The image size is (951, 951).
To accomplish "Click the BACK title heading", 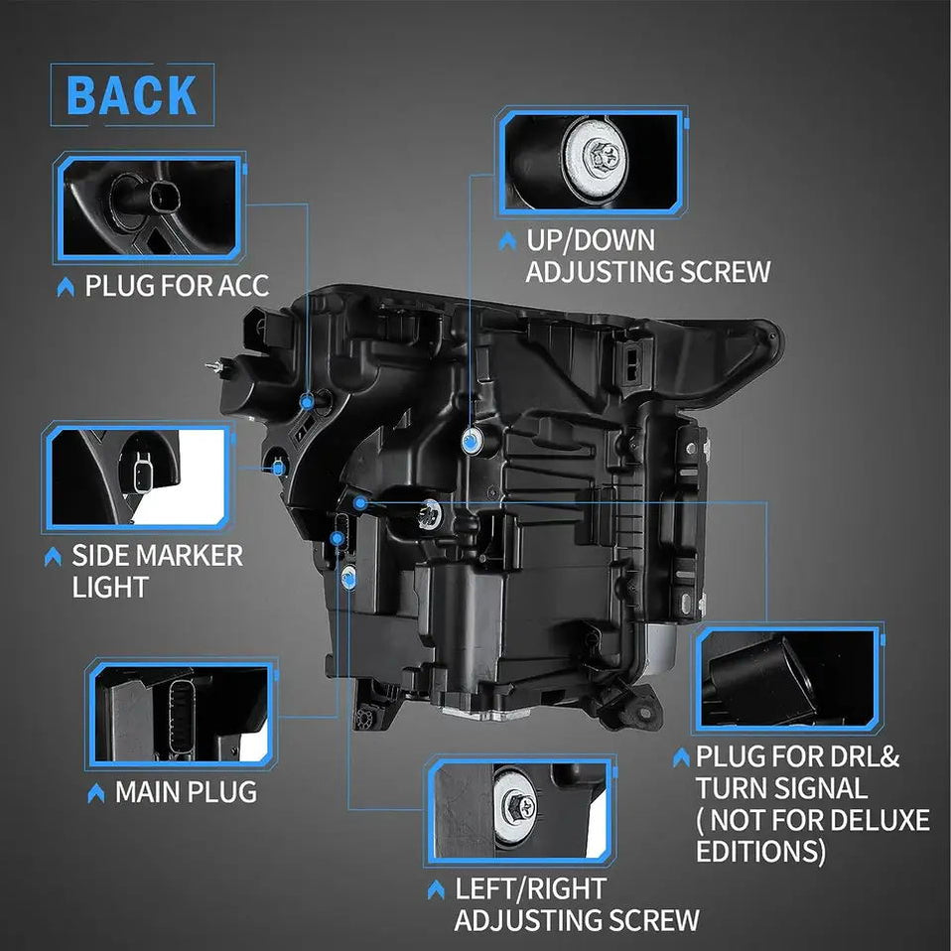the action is click(x=132, y=95).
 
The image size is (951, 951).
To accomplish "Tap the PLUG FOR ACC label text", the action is click(x=177, y=286).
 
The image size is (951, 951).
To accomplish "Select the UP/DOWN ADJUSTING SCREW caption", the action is click(x=648, y=256).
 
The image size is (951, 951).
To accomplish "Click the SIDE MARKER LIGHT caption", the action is click(x=157, y=571).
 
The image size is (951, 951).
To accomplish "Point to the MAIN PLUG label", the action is click(x=187, y=792).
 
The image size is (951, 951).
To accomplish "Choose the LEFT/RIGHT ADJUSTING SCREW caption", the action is click(x=576, y=904).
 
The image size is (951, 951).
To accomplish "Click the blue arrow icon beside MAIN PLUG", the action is click(x=96, y=793).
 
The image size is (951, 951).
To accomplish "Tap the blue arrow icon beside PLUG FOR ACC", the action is click(x=66, y=287).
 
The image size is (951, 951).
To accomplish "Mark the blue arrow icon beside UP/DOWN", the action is click(x=507, y=241).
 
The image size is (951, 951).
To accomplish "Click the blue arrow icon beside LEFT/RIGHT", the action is click(x=436, y=889).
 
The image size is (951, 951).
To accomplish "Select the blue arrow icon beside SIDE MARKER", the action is click(x=53, y=556).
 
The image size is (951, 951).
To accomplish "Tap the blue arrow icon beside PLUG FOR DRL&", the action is click(x=681, y=756).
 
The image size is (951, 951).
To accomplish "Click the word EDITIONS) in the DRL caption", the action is click(x=760, y=851).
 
